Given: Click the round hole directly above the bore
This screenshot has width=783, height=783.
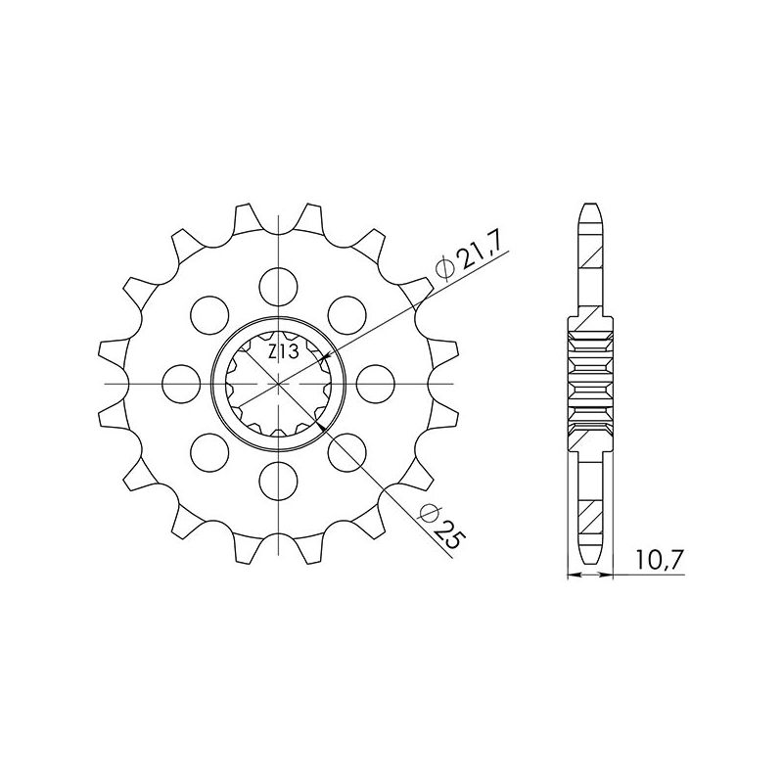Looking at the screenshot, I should [x=278, y=285].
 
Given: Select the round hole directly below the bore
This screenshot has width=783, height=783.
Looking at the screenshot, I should [x=278, y=478].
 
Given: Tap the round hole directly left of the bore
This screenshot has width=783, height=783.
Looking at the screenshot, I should [x=181, y=381].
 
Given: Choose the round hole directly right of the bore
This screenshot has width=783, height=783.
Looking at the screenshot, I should [x=375, y=381].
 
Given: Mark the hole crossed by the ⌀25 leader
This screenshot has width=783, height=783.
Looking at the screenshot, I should [x=345, y=449].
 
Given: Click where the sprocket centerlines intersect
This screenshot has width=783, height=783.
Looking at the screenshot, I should [x=278, y=381].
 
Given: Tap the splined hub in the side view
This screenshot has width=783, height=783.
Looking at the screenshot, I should [x=590, y=381].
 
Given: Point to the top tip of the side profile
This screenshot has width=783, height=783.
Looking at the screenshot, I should [x=590, y=205].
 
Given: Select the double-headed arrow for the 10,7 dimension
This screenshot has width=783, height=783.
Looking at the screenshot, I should [x=590, y=576].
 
